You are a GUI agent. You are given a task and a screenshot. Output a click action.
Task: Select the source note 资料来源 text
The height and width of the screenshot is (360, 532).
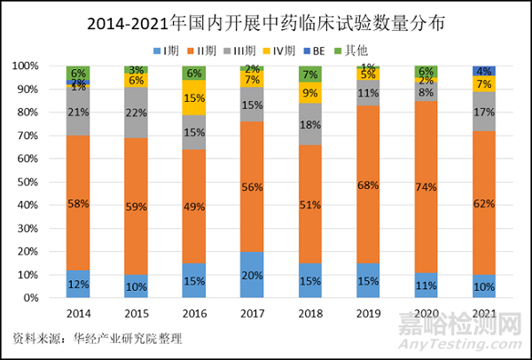click(97, 338)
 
